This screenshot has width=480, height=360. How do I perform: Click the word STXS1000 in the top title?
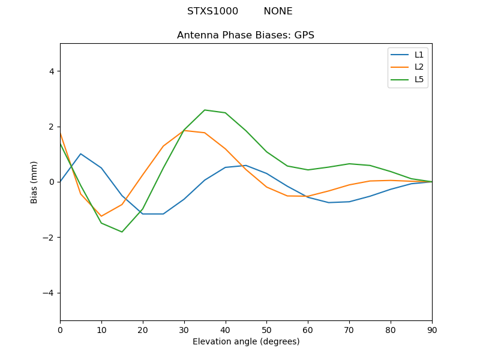pyautogui.click(x=212, y=11)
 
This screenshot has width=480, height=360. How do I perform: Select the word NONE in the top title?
pyautogui.click(x=278, y=11)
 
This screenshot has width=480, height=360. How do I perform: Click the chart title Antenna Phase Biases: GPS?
pyautogui.click(x=245, y=35)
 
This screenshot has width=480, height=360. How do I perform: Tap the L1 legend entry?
pyautogui.click(x=407, y=55)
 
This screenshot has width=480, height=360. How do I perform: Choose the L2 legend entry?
pyautogui.click(x=407, y=67)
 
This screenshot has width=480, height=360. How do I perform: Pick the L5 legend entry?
pyautogui.click(x=407, y=80)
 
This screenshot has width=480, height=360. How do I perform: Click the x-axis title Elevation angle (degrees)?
pyautogui.click(x=246, y=341)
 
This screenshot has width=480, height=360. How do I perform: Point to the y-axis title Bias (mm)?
pyautogui.click(x=34, y=182)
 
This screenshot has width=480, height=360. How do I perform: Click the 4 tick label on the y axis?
pyautogui.click(x=52, y=71)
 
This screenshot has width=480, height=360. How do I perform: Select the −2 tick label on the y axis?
pyautogui.click(x=49, y=238)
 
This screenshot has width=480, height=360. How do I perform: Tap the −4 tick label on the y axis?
pyautogui.click(x=49, y=293)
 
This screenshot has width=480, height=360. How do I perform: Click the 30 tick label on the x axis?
pyautogui.click(x=184, y=331)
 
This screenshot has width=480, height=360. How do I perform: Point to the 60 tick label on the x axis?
pyautogui.click(x=308, y=331)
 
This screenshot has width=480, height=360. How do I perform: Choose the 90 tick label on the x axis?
pyautogui.click(x=432, y=331)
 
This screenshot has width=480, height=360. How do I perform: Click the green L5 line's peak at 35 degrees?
pyautogui.click(x=205, y=110)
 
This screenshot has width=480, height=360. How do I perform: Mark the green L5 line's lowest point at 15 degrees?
pyautogui.click(x=122, y=232)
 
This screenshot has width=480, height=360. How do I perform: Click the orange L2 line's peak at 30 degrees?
pyautogui.click(x=184, y=130)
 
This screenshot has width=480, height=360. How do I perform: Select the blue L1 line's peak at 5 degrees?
pyautogui.click(x=80, y=154)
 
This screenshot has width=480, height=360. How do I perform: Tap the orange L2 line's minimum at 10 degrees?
pyautogui.click(x=101, y=217)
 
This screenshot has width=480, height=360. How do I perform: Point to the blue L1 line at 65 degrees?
pyautogui.click(x=328, y=203)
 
